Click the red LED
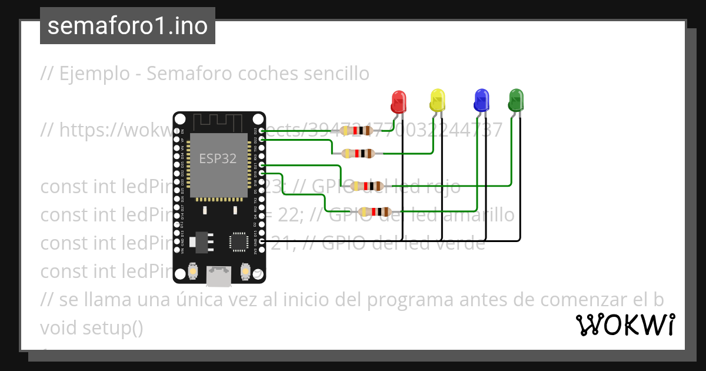(398, 101)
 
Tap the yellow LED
(437, 100)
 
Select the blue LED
(481, 101)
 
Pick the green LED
(515, 100)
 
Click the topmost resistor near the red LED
(357, 131)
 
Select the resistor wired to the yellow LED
(357, 154)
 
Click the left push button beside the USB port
(192, 272)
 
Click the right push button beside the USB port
(245, 272)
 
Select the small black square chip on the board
(239, 241)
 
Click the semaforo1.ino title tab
(128, 26)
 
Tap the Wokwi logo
(625, 325)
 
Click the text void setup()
(92, 328)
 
